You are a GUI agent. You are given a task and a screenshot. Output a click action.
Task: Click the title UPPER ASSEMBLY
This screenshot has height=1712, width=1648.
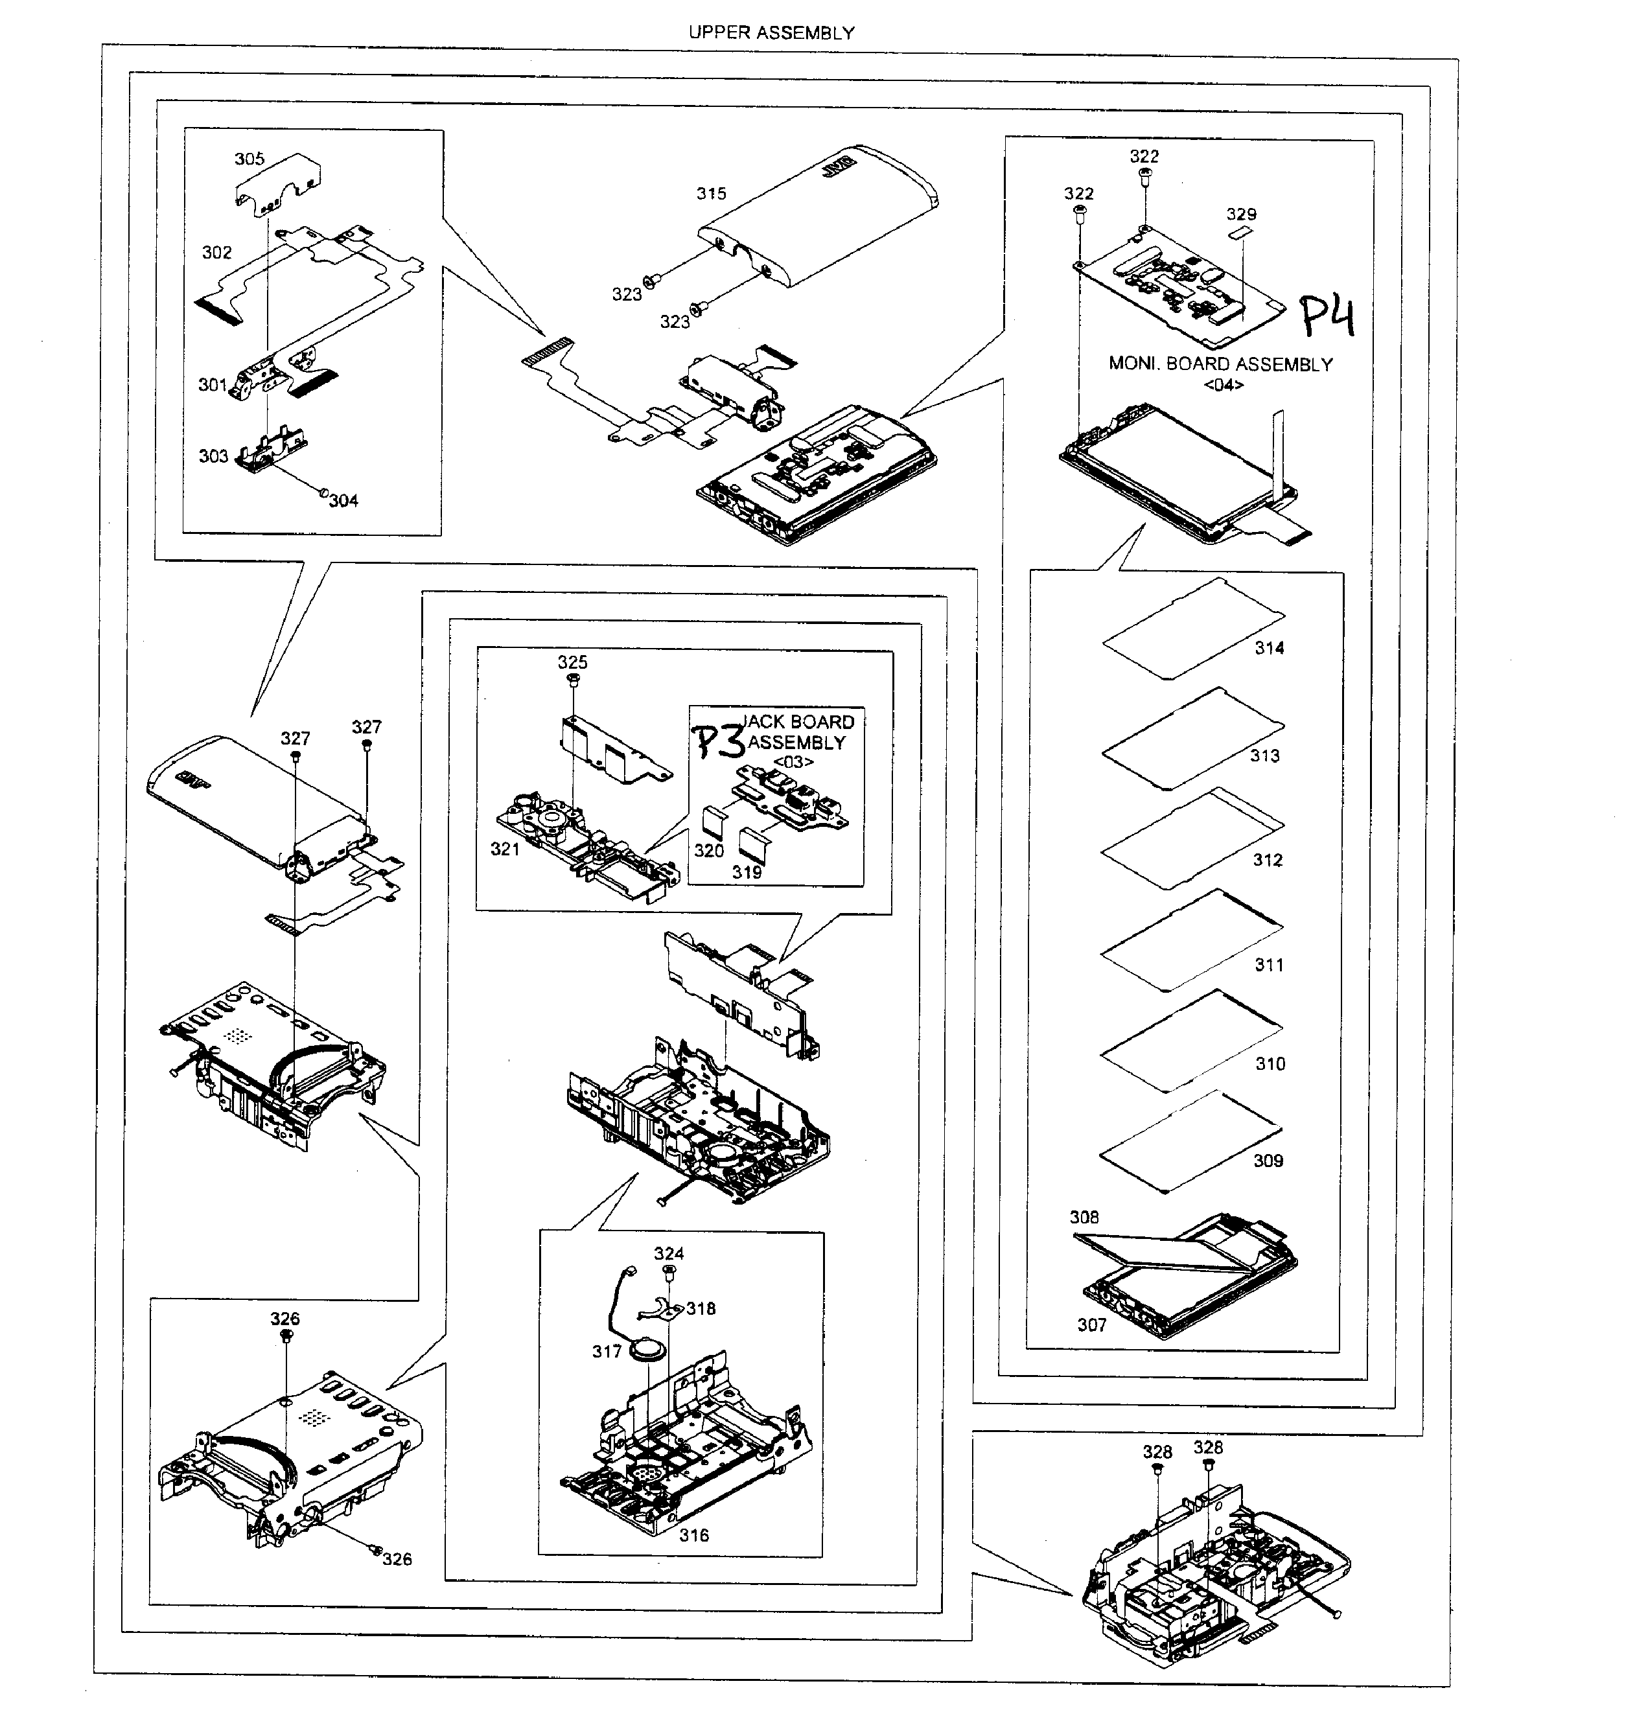pyautogui.click(x=771, y=33)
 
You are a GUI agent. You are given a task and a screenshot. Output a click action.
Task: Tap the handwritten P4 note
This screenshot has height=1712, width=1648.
pyautogui.click(x=1327, y=316)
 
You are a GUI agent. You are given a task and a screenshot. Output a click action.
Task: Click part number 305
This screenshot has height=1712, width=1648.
pyautogui.click(x=249, y=159)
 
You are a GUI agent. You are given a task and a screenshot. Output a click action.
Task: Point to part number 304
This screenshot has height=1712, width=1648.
pyautogui.click(x=343, y=500)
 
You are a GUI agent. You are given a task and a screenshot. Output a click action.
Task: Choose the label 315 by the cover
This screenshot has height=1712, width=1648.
pyautogui.click(x=711, y=194)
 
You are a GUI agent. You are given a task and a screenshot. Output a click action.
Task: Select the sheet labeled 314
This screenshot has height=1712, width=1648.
pyautogui.click(x=1192, y=629)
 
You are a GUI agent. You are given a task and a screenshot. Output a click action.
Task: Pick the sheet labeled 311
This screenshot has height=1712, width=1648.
pyautogui.click(x=1192, y=942)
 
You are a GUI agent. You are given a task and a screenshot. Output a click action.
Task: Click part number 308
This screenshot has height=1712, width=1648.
pyautogui.click(x=1084, y=1217)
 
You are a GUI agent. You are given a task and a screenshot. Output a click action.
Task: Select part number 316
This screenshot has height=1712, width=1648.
pyautogui.click(x=693, y=1534)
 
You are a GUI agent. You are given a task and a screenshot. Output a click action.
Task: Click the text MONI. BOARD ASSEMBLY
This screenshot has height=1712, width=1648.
pyautogui.click(x=1220, y=364)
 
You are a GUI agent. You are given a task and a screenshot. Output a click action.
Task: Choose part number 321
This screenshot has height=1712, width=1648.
pyautogui.click(x=505, y=849)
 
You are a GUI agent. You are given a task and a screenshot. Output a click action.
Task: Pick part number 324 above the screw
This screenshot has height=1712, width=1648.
pyautogui.click(x=668, y=1253)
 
